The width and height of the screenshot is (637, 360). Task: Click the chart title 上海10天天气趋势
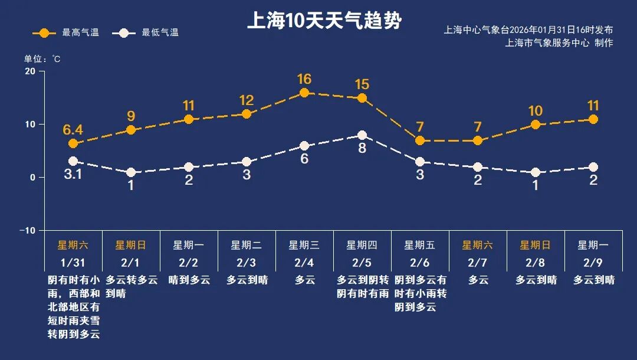(x=324, y=21)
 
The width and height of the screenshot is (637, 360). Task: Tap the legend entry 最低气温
(x=147, y=33)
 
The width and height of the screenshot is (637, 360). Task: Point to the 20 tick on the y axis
(x=29, y=71)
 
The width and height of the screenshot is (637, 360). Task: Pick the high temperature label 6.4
(x=73, y=129)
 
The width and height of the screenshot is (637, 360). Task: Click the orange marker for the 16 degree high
(x=304, y=93)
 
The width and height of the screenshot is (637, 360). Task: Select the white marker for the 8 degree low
(x=362, y=135)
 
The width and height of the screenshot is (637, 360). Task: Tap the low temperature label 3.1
(x=73, y=175)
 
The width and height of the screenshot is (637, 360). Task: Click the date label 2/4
(x=304, y=263)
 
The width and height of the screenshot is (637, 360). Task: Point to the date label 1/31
(x=73, y=263)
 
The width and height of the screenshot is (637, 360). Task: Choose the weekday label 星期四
(x=362, y=245)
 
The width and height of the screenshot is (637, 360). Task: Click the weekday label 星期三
(x=304, y=245)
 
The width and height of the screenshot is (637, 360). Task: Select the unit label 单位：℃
(x=42, y=58)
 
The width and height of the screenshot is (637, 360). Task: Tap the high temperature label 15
(x=362, y=84)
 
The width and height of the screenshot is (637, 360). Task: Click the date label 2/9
(x=593, y=263)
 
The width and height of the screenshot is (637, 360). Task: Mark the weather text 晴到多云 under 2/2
(x=189, y=280)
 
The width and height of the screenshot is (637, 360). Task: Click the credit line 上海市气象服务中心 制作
(x=559, y=43)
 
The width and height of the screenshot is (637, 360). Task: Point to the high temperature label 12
(x=247, y=100)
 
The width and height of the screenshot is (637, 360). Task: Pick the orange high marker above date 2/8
(x=536, y=125)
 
